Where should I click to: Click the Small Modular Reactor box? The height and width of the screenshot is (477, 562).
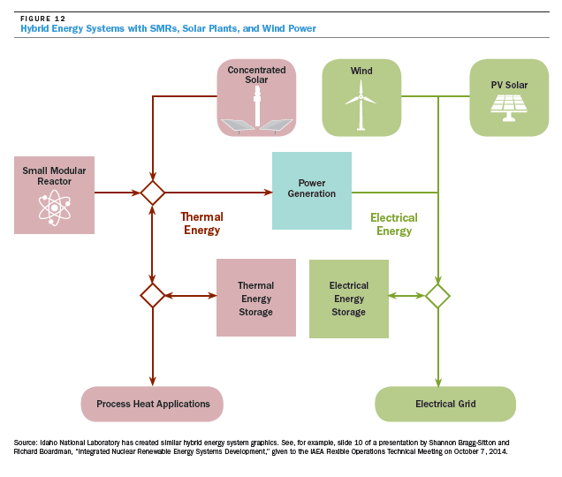click(x=55, y=195)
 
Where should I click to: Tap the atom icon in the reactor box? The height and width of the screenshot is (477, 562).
click(x=55, y=208)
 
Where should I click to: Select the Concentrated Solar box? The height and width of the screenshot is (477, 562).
click(x=256, y=97)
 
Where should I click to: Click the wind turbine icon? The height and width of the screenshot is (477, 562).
click(x=361, y=104)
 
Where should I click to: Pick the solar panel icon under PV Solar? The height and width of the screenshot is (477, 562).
click(x=509, y=108)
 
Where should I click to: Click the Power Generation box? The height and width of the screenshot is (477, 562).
click(x=312, y=191)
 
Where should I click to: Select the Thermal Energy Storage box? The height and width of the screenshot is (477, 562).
click(x=256, y=298)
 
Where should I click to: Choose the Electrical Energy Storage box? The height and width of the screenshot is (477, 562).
click(x=349, y=299)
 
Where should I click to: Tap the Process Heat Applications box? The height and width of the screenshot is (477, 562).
click(x=152, y=404)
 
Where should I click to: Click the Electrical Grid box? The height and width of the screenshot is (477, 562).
click(x=445, y=404)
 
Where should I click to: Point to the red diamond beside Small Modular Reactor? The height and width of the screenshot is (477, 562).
click(x=153, y=193)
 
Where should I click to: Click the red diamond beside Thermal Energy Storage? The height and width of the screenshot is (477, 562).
click(x=153, y=296)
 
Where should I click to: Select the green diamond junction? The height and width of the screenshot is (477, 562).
click(x=438, y=296)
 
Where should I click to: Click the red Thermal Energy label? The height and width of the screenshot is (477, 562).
click(x=202, y=223)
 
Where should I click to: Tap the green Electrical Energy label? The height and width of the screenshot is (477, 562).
click(x=394, y=224)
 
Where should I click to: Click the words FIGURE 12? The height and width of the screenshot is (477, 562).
click(x=43, y=19)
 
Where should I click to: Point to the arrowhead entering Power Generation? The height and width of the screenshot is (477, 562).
click(x=268, y=193)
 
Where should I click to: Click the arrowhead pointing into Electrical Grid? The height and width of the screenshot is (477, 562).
click(x=438, y=382)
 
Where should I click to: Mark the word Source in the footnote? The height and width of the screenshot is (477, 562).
click(x=26, y=443)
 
